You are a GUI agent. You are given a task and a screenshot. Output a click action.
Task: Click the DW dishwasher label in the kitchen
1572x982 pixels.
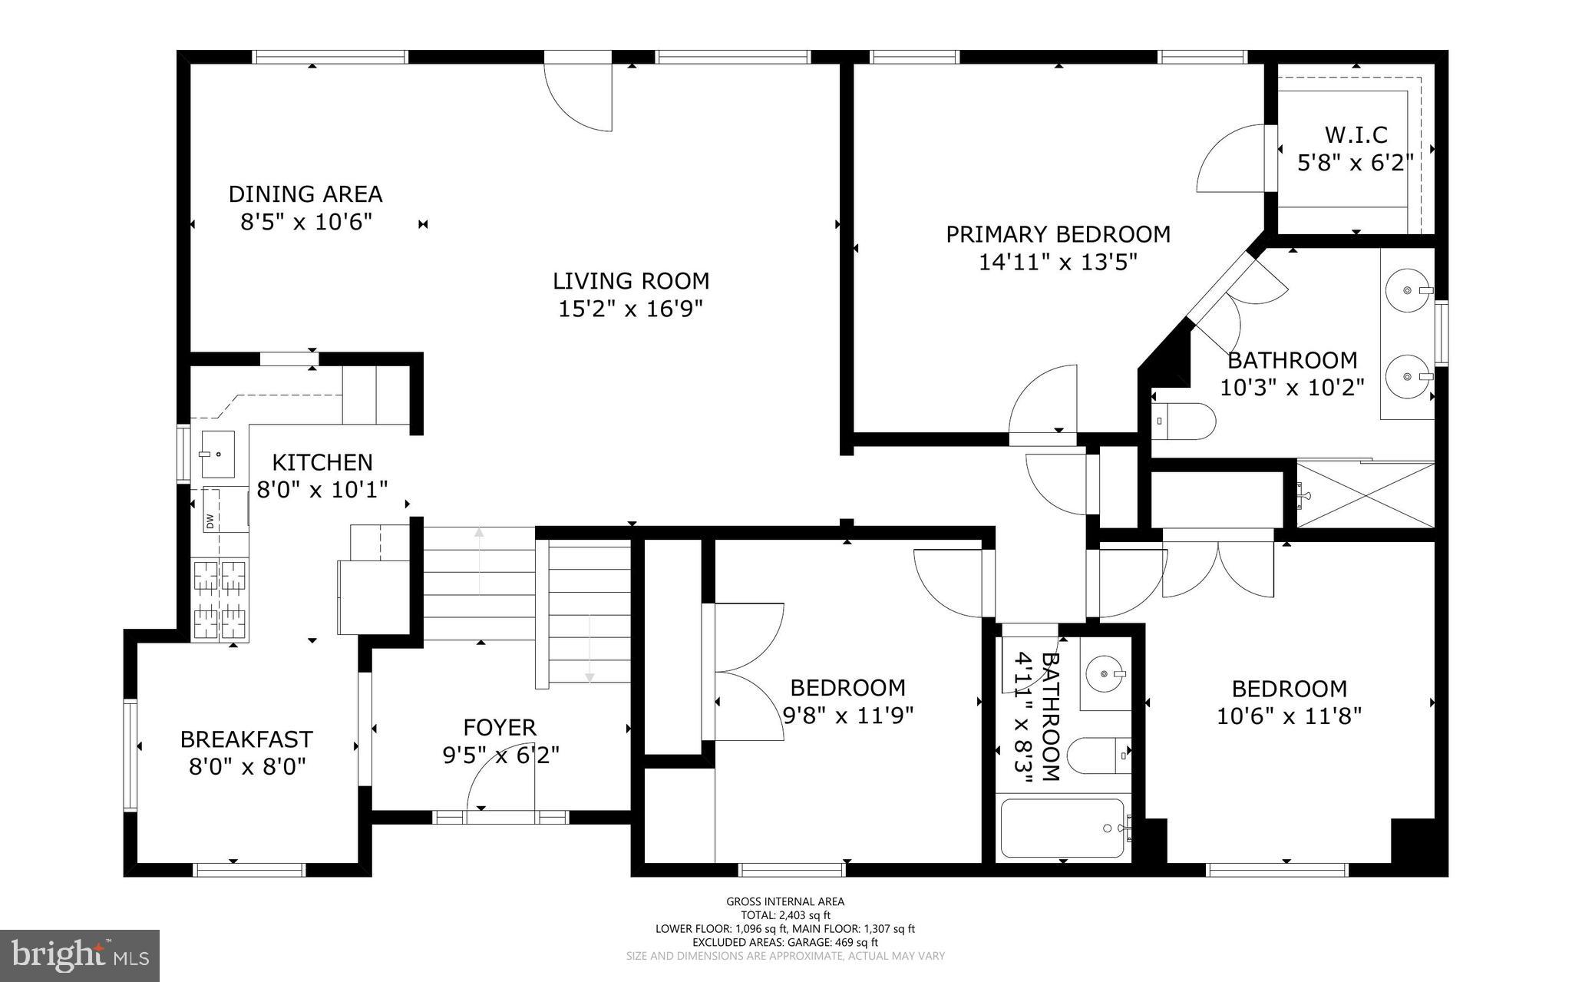(209, 521)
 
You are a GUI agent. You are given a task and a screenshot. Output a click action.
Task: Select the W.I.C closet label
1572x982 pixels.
(1356, 135)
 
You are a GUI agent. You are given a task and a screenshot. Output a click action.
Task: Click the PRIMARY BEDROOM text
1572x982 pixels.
(1058, 234)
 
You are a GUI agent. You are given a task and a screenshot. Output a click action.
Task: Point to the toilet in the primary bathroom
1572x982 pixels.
(1186, 421)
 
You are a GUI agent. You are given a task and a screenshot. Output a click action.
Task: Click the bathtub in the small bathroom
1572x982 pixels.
(1062, 828)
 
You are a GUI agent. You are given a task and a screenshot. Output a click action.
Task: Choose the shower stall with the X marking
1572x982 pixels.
(1366, 494)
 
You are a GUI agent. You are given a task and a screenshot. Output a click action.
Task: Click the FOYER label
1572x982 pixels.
(500, 727)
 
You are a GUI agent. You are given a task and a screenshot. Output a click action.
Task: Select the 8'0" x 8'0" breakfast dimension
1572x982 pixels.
(247, 767)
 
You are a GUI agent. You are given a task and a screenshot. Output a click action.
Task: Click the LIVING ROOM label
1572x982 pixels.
(631, 281)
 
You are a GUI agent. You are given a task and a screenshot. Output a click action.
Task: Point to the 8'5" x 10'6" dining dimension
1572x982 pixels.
(306, 223)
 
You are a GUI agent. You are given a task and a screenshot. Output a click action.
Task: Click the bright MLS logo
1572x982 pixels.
(80, 955)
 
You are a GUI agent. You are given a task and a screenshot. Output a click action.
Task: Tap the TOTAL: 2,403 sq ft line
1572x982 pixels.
(785, 915)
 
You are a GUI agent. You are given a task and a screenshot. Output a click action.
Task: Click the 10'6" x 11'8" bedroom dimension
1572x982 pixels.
(1289, 716)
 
